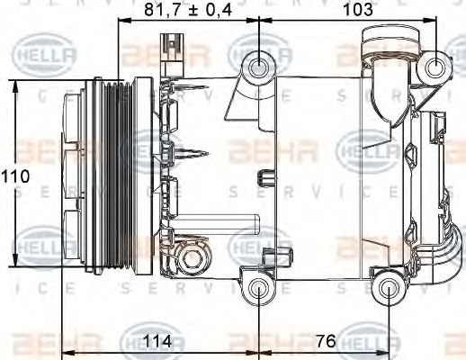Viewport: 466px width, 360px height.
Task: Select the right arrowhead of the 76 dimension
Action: [x=384, y=352]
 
